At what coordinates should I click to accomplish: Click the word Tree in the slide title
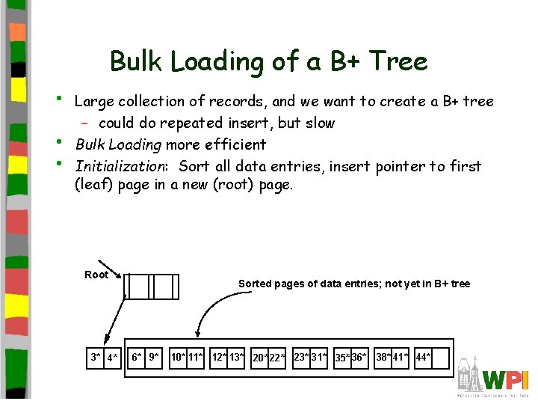point(400,61)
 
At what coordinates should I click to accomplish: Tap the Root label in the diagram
point(96,275)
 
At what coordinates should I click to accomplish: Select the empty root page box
point(152,285)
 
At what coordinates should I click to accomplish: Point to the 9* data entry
point(153,358)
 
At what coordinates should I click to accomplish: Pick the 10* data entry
point(178,358)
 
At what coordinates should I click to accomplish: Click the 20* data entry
point(261,358)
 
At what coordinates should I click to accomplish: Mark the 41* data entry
point(401,358)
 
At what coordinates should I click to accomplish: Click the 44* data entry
point(423,358)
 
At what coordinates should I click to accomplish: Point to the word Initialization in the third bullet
point(124,166)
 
